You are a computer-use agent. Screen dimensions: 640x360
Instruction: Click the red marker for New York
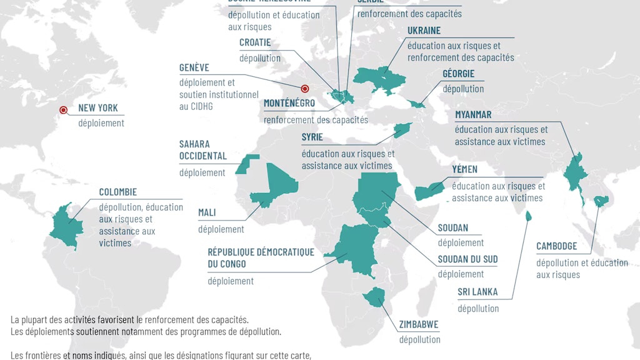coord(63,110)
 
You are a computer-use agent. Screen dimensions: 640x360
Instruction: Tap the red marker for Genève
coord(305,89)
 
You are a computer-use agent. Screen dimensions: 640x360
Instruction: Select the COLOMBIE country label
coord(117,192)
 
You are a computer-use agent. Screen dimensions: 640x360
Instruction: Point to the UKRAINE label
coord(424,31)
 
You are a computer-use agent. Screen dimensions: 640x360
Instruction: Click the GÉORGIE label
coord(458,74)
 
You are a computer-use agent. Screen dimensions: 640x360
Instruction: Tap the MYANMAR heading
coord(473,114)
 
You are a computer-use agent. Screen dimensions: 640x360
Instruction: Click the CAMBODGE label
coord(556,246)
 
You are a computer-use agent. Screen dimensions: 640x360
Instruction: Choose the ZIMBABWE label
coord(418,324)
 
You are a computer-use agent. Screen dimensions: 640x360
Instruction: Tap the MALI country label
coord(207,212)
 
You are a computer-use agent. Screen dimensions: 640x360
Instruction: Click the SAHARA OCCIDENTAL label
coord(202,150)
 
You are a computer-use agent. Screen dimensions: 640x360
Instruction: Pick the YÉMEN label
coord(464,169)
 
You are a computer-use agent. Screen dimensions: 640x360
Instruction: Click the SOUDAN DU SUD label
coord(467,259)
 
